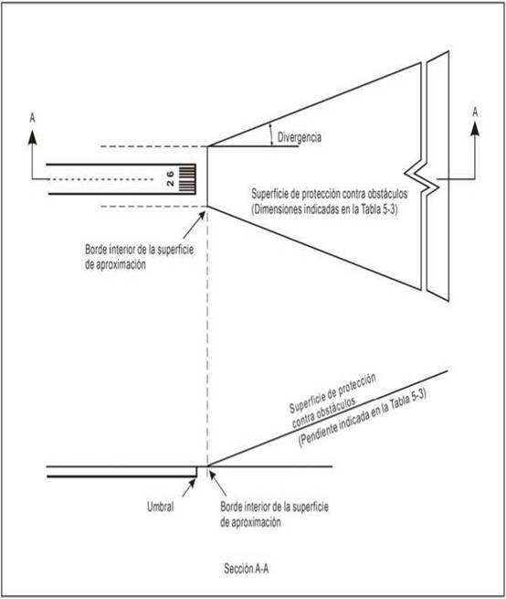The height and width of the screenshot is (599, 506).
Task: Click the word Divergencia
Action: [x=300, y=137]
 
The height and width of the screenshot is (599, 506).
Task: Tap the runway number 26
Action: [x=170, y=178]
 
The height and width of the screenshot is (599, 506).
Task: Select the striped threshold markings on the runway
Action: [x=187, y=178]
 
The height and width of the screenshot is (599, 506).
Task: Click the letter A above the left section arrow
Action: [x=33, y=118]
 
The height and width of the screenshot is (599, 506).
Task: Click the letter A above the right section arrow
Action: [x=475, y=112]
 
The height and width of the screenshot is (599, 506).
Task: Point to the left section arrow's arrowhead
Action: [x=33, y=137]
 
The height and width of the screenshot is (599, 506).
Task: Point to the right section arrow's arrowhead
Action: [x=475, y=129]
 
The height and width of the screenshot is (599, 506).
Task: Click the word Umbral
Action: [x=160, y=507]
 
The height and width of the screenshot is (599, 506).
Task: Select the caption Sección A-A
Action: [x=246, y=569]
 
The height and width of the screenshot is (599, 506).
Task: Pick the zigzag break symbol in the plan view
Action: [x=421, y=178]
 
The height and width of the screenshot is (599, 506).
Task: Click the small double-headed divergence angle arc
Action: [x=270, y=134]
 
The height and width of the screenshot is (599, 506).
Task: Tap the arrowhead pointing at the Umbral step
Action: [x=192, y=483]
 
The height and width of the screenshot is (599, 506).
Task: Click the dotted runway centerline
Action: [x=100, y=179]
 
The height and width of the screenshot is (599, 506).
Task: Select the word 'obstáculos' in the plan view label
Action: [x=385, y=194]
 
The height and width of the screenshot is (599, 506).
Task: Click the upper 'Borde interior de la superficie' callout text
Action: [x=139, y=250]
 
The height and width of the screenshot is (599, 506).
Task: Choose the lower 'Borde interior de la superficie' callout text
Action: [x=274, y=507]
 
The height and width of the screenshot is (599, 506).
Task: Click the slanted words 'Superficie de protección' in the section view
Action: [x=332, y=393]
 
